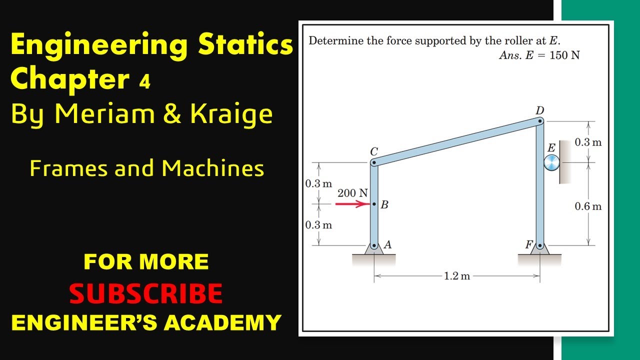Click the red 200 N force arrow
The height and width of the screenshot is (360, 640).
(x=352, y=204)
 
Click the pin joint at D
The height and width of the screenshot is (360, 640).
(x=540, y=120)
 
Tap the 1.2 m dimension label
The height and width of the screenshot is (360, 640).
(x=456, y=276)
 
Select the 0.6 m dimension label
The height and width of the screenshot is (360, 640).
(x=588, y=206)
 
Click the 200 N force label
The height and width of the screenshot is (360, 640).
(x=352, y=193)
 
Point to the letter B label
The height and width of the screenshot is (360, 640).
(x=384, y=204)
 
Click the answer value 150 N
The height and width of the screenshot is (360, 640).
(x=564, y=55)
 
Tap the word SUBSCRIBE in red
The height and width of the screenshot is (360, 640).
(x=146, y=294)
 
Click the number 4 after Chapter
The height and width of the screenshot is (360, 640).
(x=144, y=82)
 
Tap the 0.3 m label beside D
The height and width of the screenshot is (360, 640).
(x=588, y=142)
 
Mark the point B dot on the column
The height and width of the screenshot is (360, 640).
(x=374, y=204)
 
